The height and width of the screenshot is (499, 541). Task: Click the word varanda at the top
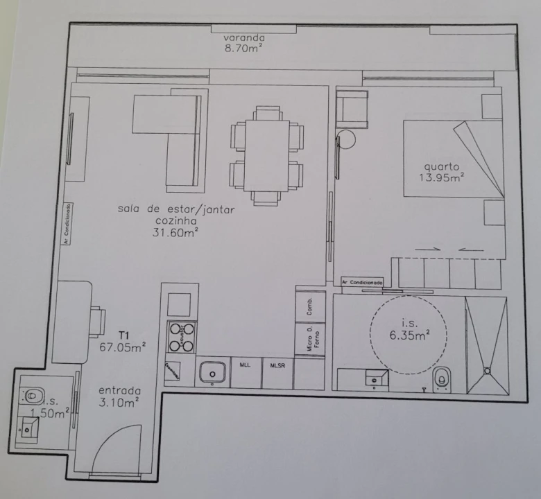click(x=244, y=37)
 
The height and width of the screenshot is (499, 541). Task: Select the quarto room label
click(x=442, y=166)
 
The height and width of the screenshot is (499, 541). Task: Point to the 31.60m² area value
click(x=176, y=233)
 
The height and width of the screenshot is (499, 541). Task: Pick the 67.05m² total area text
click(x=123, y=348)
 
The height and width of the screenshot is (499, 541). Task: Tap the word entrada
click(x=119, y=389)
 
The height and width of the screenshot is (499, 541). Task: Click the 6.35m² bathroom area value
click(x=409, y=333)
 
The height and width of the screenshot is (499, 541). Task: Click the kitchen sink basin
click(x=212, y=372)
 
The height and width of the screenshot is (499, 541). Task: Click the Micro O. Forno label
click(x=311, y=340)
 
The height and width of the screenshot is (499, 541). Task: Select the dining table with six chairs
click(x=267, y=155)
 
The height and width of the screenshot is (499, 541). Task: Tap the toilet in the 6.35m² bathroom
click(x=441, y=379)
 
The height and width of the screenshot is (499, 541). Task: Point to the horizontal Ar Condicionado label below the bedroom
click(x=363, y=283)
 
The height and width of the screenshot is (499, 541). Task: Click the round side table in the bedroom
click(x=346, y=139)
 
